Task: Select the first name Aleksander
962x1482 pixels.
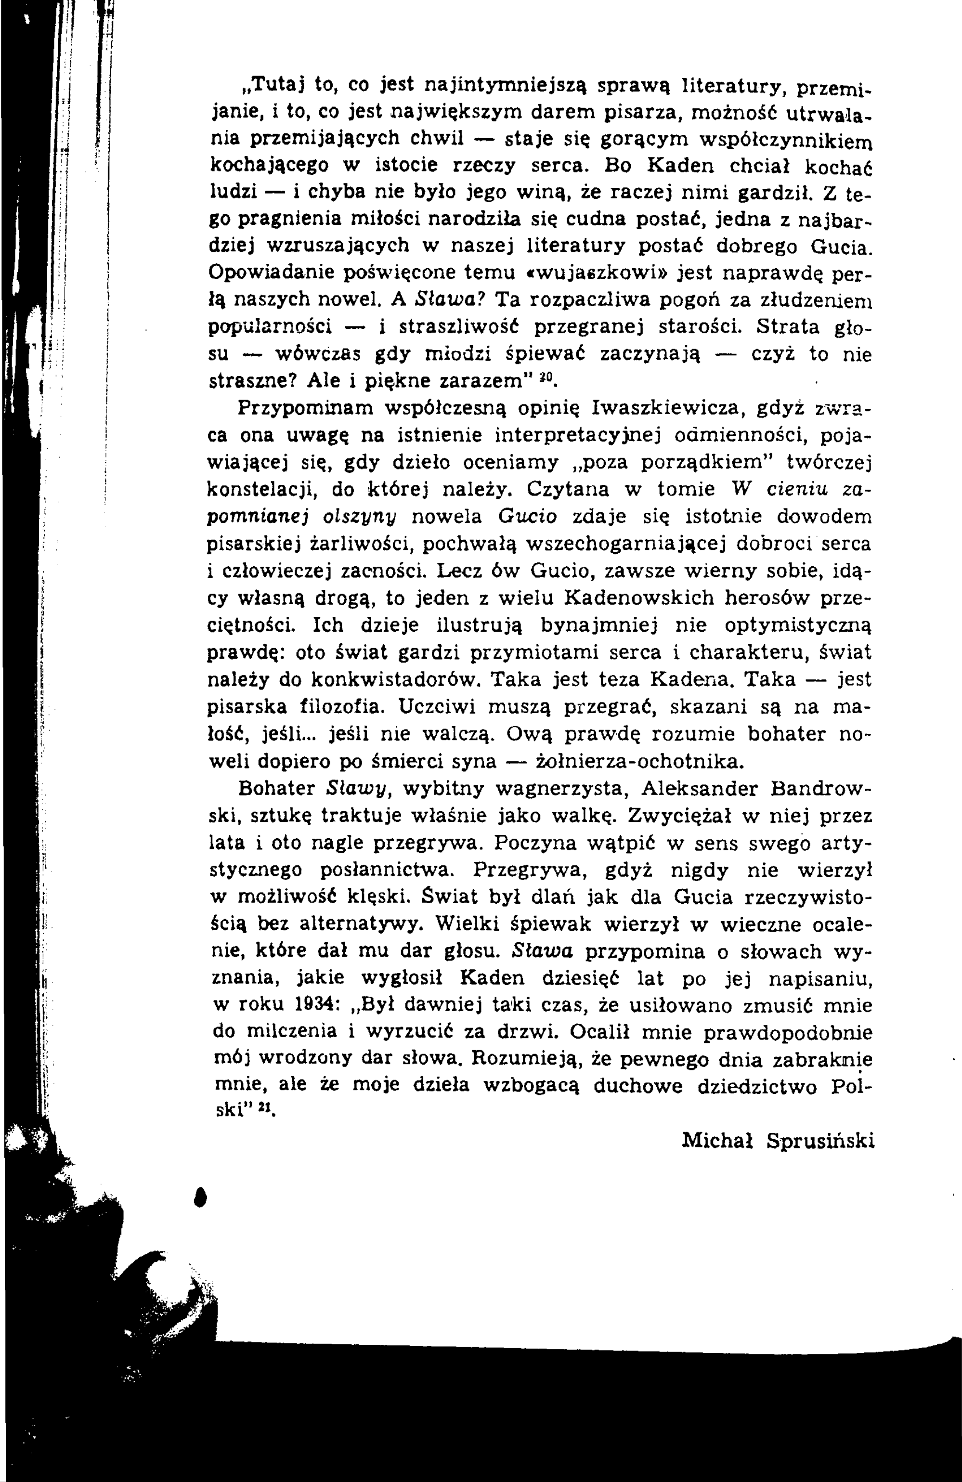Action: (x=699, y=788)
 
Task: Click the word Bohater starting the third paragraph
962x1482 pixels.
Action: (x=276, y=788)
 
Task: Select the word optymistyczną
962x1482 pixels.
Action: (x=798, y=624)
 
